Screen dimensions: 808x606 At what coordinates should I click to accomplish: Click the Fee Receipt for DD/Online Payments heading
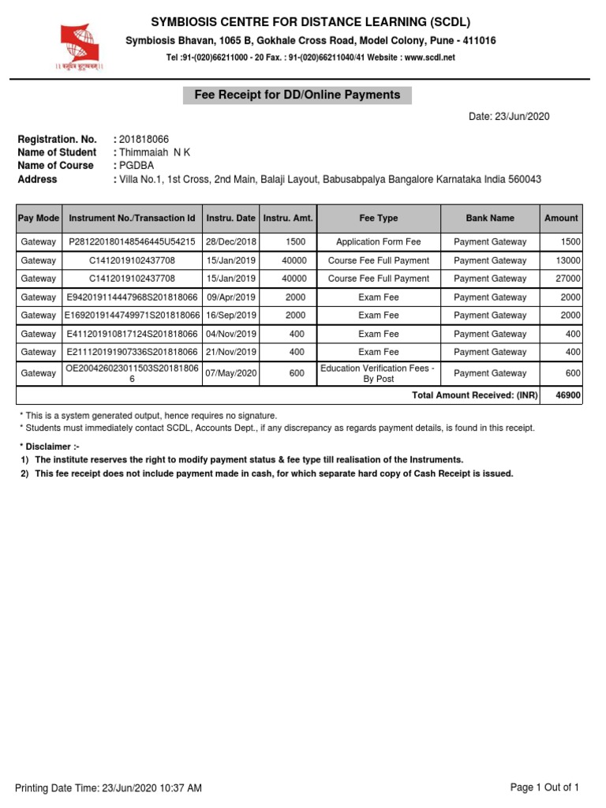tap(297, 95)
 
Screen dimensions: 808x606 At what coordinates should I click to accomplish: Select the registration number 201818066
tap(144, 139)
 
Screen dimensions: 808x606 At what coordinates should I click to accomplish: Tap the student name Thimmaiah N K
tap(155, 152)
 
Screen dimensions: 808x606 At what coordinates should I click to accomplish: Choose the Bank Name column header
tap(489, 218)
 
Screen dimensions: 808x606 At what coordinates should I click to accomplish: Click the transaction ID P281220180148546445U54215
tap(132, 242)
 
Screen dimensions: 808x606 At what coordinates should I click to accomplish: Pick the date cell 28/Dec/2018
tap(230, 242)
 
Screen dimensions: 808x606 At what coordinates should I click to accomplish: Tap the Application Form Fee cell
tap(378, 242)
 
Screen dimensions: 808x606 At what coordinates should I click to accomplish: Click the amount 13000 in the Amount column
tap(568, 260)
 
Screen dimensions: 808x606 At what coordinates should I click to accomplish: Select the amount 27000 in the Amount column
tap(568, 279)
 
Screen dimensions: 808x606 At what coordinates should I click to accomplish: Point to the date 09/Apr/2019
tap(230, 297)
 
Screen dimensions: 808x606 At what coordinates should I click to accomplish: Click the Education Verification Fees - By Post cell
tap(378, 373)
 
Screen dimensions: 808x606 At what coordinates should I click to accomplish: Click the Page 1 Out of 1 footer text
tap(544, 787)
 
